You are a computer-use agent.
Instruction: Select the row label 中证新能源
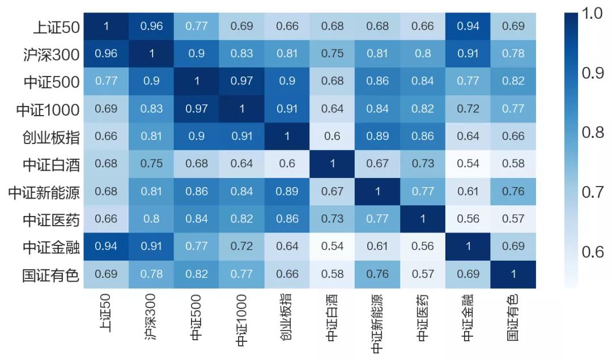44,192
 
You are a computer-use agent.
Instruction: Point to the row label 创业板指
51,137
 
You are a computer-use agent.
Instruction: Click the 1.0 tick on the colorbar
592,14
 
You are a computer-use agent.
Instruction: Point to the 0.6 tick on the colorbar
592,251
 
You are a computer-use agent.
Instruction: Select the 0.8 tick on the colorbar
592,133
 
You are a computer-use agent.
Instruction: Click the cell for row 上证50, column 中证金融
468,26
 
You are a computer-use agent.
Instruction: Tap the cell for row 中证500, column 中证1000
242,81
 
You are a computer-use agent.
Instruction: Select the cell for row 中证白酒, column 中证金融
468,164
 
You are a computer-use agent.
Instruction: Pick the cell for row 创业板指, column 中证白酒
333,136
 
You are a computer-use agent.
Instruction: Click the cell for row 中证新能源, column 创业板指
287,191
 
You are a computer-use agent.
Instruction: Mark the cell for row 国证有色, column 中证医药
423,274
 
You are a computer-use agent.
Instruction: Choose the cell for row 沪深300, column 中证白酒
333,53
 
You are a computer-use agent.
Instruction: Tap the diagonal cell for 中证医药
423,219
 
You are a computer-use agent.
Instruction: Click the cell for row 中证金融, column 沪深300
151,246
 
